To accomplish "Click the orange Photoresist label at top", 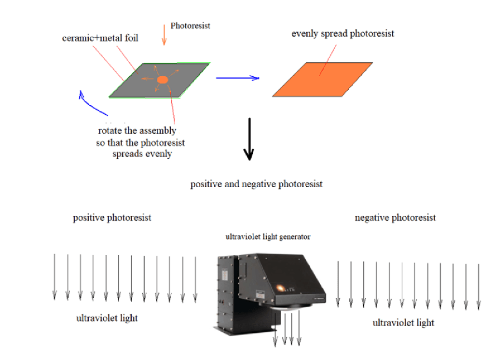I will (x=191, y=26).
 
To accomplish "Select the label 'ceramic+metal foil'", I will (x=100, y=38).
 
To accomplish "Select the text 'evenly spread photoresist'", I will (x=343, y=33).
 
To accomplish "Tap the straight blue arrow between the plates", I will (x=237, y=77).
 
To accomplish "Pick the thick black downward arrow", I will (x=248, y=139).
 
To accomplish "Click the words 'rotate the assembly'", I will (x=137, y=131).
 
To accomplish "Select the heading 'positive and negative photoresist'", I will (x=256, y=184).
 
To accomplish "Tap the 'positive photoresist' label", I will (x=112, y=218).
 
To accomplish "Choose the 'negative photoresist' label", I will (x=395, y=218).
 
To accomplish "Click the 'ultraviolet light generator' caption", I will (x=268, y=237).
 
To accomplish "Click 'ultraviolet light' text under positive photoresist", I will (x=107, y=318).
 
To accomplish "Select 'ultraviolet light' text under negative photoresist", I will (x=403, y=322).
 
